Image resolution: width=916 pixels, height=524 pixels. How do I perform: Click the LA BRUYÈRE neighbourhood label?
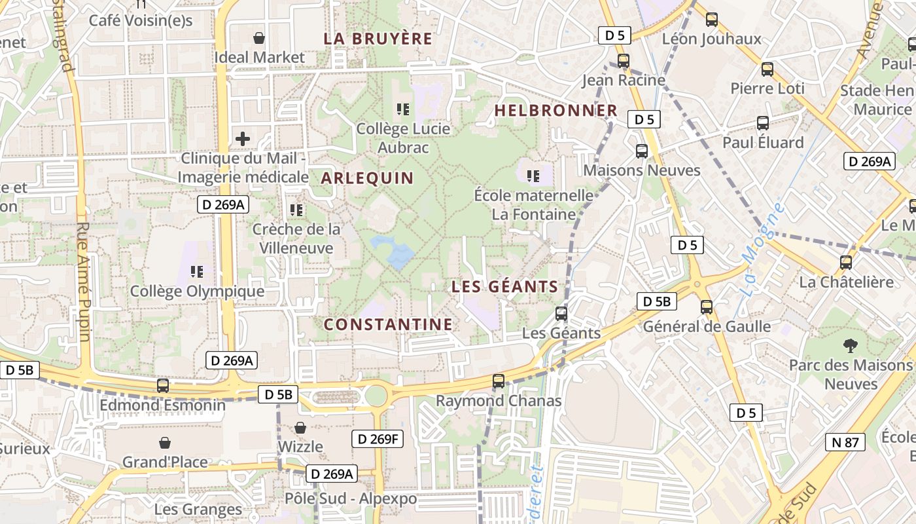click(378, 39)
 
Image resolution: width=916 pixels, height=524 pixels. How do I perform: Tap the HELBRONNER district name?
click(555, 111)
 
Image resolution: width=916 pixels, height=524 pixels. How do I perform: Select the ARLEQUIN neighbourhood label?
click(367, 178)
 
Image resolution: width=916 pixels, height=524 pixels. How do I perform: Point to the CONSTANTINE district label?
click(388, 324)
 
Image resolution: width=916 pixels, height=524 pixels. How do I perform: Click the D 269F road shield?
click(378, 439)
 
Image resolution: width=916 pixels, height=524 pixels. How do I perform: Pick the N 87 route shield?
click(845, 443)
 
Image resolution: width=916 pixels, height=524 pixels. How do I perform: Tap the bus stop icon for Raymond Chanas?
click(499, 381)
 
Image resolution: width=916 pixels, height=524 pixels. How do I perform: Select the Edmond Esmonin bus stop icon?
click(163, 386)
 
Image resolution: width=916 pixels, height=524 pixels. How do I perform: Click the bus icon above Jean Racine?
click(624, 61)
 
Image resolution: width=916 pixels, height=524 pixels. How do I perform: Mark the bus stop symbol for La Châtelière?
click(846, 263)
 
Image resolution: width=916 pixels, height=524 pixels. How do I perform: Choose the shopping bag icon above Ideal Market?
click(260, 38)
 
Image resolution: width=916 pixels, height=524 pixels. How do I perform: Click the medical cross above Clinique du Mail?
click(243, 139)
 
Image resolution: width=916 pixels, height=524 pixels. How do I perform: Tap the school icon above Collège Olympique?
click(197, 271)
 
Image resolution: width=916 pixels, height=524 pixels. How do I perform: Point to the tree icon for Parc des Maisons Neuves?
click(851, 346)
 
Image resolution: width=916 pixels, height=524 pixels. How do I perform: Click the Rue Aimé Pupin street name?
click(84, 282)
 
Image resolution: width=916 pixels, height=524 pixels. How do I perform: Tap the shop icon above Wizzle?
click(300, 428)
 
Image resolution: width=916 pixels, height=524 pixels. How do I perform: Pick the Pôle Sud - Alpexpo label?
click(350, 498)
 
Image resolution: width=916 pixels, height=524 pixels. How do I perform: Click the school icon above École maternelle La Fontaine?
click(533, 176)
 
